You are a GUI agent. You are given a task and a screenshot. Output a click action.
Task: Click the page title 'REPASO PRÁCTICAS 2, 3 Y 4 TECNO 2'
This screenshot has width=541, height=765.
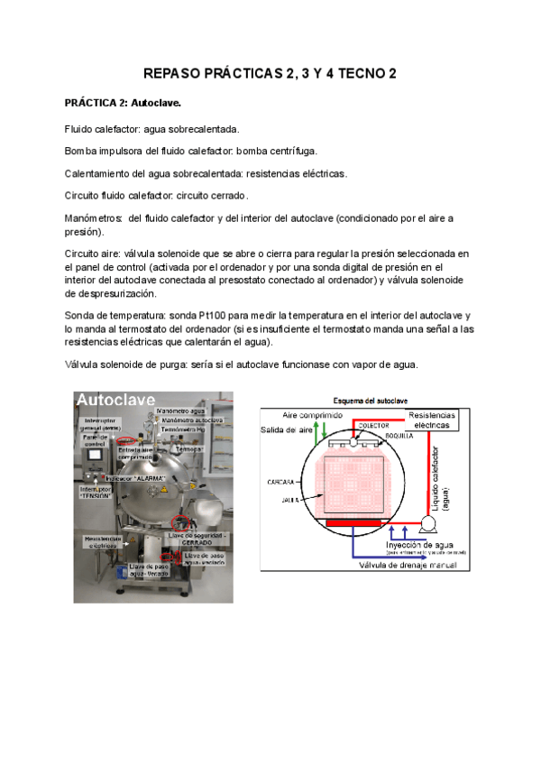pos(270,75)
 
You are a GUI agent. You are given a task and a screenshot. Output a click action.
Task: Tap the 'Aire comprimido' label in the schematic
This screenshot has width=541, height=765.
pos(313,415)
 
